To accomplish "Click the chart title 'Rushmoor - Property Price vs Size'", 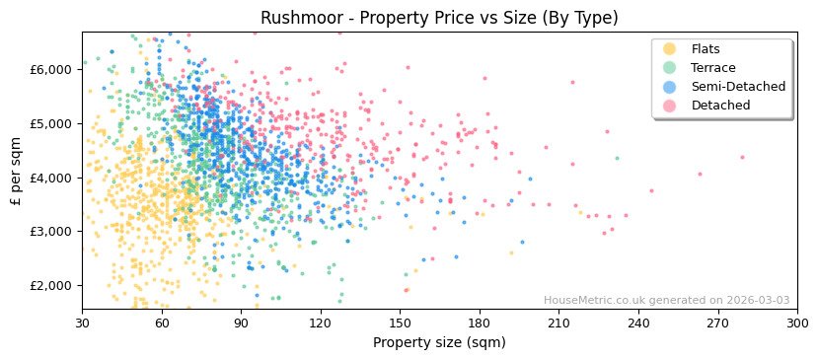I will (x=439, y=18).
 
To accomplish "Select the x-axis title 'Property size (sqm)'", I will (x=439, y=342).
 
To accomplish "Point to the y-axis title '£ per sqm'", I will (x=16, y=172).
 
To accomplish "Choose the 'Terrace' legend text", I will (x=713, y=68).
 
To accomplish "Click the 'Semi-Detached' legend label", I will (x=738, y=87).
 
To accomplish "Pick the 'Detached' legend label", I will (x=720, y=106).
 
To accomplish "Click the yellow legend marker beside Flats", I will (x=670, y=49).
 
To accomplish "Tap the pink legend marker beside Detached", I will (x=670, y=106).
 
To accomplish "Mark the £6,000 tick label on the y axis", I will (x=51, y=69).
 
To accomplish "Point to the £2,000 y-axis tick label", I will (x=51, y=285).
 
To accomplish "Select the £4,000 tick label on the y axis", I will (x=51, y=178).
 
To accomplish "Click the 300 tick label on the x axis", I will (x=797, y=323).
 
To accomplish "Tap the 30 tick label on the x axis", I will (x=82, y=323).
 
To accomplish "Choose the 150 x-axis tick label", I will (x=400, y=323).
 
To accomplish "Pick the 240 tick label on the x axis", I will (x=638, y=323).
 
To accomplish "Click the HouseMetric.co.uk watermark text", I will (x=666, y=301).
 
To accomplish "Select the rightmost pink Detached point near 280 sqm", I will (x=743, y=157).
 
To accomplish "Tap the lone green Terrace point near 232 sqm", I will (x=617, y=158).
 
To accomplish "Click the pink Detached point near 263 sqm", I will (x=701, y=175).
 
